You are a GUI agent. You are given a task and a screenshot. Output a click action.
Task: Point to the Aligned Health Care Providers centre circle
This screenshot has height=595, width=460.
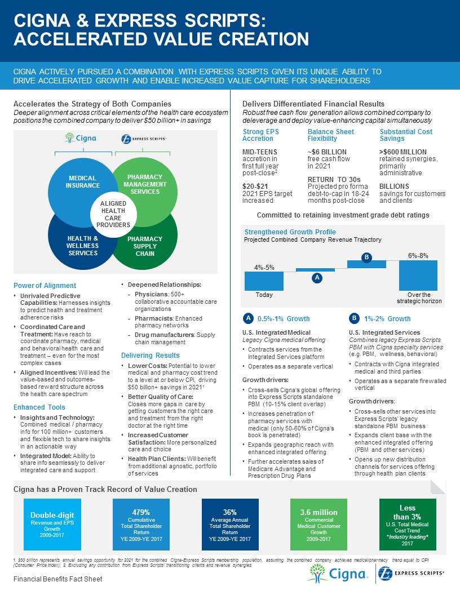[x=111, y=214]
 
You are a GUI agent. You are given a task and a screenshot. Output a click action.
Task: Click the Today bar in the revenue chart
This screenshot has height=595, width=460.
[x=264, y=281]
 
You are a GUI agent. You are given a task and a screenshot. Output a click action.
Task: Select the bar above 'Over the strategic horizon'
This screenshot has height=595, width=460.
[x=418, y=275]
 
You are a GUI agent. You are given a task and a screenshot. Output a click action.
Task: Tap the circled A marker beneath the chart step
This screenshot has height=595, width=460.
[x=317, y=278]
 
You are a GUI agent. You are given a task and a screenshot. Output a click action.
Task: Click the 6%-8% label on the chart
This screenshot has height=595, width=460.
[x=418, y=255]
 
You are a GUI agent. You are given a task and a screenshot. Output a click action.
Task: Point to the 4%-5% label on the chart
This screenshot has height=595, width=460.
[x=264, y=267]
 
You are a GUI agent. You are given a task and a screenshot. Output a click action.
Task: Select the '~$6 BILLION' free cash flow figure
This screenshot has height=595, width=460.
[x=327, y=152]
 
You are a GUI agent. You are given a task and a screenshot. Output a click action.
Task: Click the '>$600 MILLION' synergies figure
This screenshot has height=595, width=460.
[x=403, y=152]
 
